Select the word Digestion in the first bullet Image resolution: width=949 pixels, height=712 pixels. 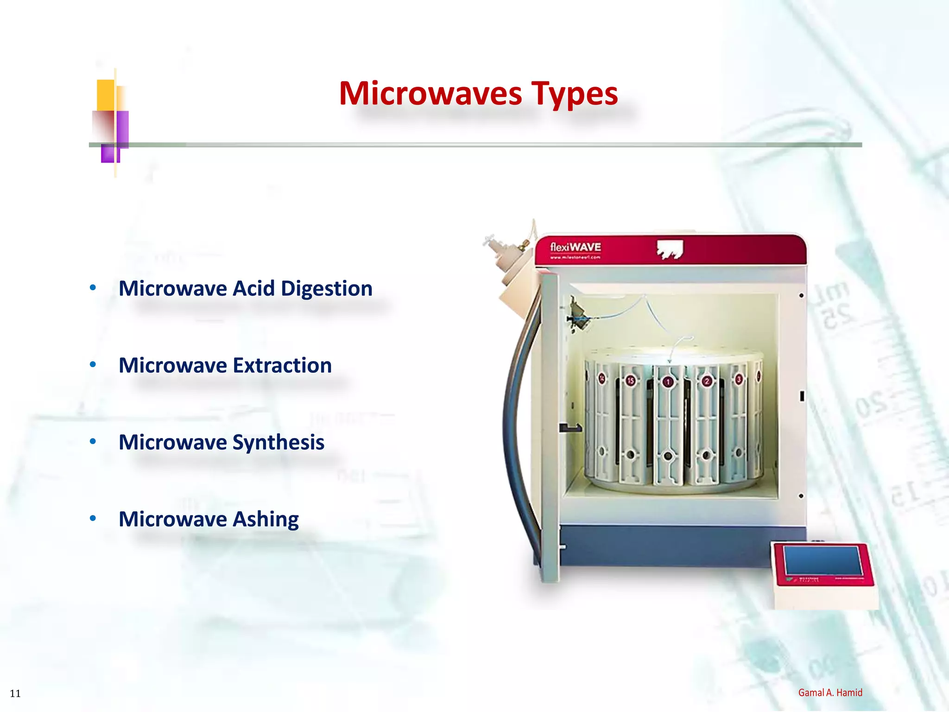[326, 289]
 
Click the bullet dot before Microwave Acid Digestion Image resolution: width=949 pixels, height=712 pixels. [93, 288]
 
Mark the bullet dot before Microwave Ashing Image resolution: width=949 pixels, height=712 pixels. [93, 518]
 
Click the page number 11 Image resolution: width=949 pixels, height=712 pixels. [15, 693]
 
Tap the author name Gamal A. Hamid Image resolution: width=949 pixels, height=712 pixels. [830, 693]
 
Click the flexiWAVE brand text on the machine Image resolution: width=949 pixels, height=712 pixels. [575, 247]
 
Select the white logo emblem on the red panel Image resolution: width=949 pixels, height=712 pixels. [670, 249]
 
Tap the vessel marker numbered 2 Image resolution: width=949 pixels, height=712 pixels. [706, 381]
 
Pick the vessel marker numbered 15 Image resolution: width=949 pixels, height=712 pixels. [631, 381]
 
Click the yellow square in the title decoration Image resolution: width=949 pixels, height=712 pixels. [106, 95]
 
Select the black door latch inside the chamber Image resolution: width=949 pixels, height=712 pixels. [570, 428]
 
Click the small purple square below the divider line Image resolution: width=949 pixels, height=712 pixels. [110, 154]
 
